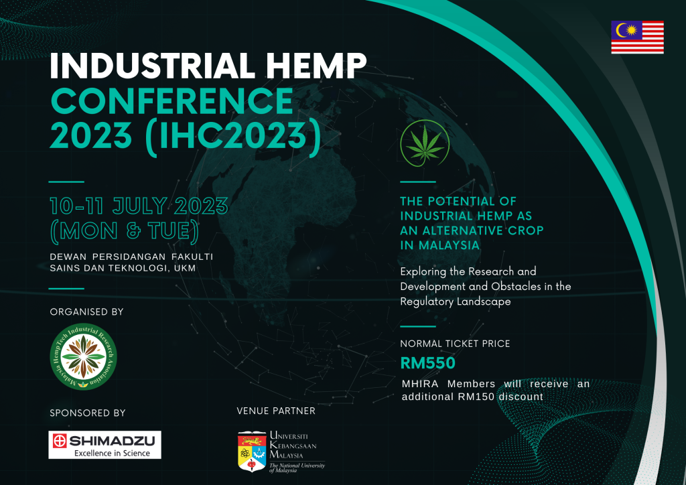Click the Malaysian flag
(637, 37)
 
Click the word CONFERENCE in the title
(172, 101)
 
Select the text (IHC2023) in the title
(234, 136)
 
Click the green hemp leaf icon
(425, 143)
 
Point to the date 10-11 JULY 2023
(139, 206)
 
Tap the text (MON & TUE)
(125, 231)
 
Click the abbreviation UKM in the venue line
(185, 268)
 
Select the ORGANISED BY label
(86, 311)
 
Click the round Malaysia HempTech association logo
(83, 356)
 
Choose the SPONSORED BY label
(88, 413)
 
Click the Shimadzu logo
(105, 445)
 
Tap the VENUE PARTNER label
(276, 411)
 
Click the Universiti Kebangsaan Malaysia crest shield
(252, 452)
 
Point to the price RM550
(428, 363)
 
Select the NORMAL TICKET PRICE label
(455, 344)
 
